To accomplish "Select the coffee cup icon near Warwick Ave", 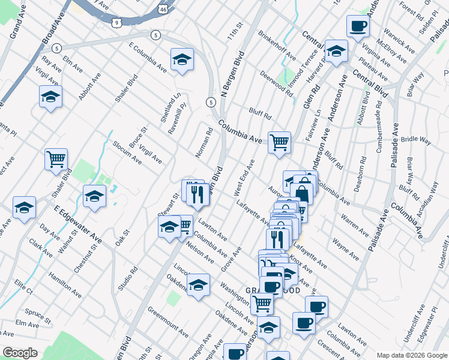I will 358,26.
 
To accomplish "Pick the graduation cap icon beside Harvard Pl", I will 336,52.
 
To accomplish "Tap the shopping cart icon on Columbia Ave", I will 279,143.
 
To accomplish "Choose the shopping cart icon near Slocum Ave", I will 56,160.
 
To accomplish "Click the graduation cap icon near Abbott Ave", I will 51,97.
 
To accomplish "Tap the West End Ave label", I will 244,176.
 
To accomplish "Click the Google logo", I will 20,353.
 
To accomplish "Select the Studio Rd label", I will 128,278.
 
